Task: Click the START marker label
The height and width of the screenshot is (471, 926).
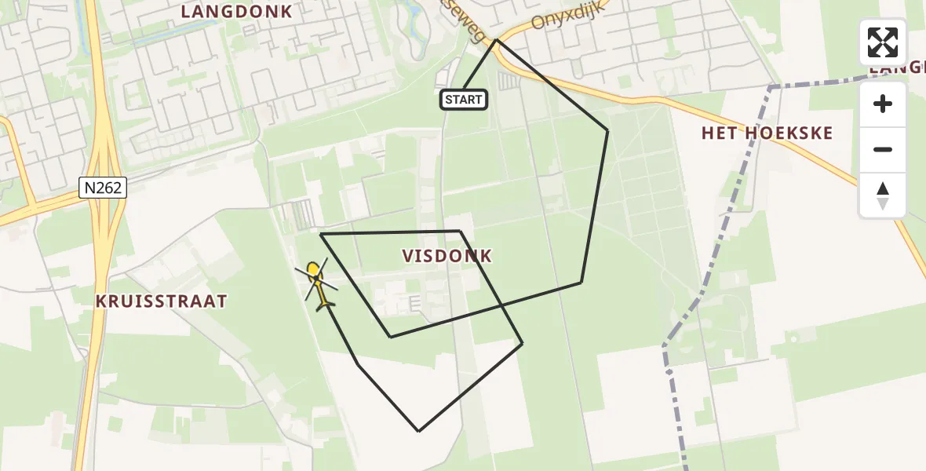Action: [464, 100]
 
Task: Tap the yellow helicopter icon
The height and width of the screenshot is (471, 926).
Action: [317, 285]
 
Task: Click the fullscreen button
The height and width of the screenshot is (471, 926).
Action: [883, 42]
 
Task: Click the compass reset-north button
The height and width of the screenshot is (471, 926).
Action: [883, 195]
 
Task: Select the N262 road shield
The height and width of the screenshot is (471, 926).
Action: [103, 187]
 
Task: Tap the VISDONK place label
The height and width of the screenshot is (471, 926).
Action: [447, 256]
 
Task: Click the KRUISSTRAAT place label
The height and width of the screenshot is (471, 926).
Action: [161, 301]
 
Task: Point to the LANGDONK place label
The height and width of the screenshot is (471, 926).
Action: [236, 12]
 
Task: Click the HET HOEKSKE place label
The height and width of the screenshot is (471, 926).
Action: [767, 133]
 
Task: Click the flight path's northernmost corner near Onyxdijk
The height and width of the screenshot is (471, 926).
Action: [496, 40]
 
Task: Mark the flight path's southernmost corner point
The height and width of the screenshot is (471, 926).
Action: [419, 431]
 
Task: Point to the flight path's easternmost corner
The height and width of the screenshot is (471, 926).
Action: [607, 130]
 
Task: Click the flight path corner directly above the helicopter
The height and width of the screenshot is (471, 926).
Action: [322, 234]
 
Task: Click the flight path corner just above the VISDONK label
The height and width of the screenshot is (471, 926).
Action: [460, 231]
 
